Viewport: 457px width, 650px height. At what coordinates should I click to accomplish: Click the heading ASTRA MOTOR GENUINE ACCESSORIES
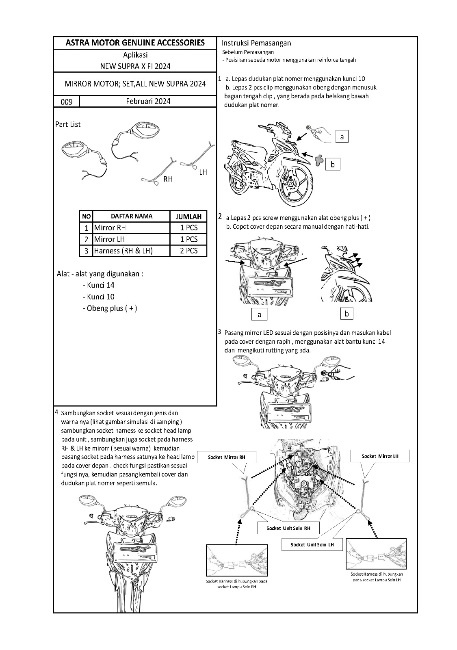tap(135, 43)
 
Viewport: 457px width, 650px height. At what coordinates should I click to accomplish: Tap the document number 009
tap(67, 102)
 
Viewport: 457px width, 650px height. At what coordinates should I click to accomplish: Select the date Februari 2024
tap(148, 101)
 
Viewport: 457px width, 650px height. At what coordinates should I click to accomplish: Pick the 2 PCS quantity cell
tap(188, 251)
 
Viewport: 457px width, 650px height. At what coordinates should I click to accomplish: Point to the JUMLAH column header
tap(188, 217)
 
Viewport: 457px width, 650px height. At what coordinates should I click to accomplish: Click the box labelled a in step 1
tap(342, 137)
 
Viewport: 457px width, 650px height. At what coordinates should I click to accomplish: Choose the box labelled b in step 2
tap(347, 313)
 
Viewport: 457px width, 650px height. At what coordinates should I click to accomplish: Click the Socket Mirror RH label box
tap(227, 457)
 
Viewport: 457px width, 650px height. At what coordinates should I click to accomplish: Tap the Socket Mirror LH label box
tap(380, 456)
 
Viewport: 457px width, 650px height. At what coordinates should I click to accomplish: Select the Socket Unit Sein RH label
tap(288, 528)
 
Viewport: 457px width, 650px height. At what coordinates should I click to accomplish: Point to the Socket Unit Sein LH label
tap(312, 544)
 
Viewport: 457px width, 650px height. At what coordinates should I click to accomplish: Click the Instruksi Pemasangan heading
tap(256, 43)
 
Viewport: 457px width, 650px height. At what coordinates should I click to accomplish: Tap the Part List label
tap(68, 124)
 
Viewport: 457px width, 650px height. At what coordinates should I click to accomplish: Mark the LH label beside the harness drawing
tap(203, 172)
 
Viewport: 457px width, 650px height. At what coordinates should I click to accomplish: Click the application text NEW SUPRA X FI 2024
tap(135, 66)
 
